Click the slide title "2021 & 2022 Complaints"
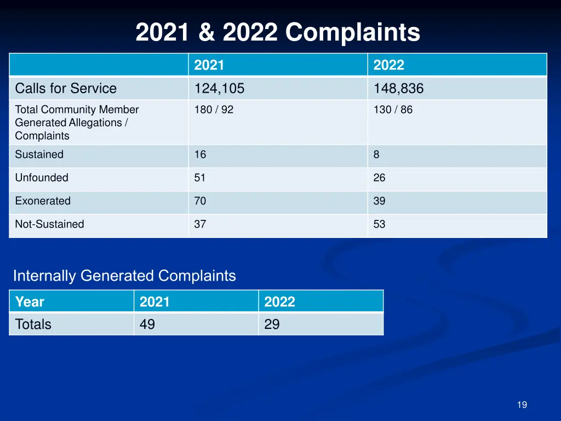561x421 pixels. [x=278, y=33]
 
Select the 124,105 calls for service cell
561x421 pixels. [x=219, y=88]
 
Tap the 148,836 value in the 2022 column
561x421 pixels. [x=398, y=88]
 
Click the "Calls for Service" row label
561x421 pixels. [x=66, y=88]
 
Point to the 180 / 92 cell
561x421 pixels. [x=214, y=110]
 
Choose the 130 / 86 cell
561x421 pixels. [x=393, y=110]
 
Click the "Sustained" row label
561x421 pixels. [x=39, y=155]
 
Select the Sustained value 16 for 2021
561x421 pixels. [x=200, y=155]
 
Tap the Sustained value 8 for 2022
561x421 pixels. [x=376, y=155]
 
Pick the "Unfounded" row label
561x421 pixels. [x=42, y=178]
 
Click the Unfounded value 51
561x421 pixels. [x=200, y=178]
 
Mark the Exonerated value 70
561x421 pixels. [x=200, y=201]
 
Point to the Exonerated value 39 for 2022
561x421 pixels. [x=379, y=201]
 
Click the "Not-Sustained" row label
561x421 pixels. [x=49, y=224]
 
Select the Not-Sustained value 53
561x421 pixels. [x=379, y=224]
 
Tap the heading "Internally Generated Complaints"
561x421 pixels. [x=124, y=276]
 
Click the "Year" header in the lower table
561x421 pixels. [x=30, y=301]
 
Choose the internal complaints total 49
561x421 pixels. [x=147, y=325]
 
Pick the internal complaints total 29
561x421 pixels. [x=272, y=325]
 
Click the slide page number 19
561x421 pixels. [x=522, y=405]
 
